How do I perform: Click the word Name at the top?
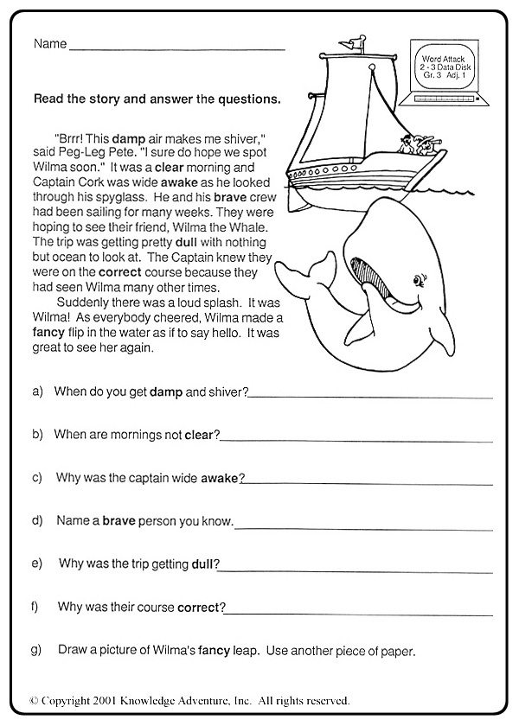48,44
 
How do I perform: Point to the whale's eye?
420,280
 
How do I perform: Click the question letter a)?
38,392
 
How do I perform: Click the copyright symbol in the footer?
35,700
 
